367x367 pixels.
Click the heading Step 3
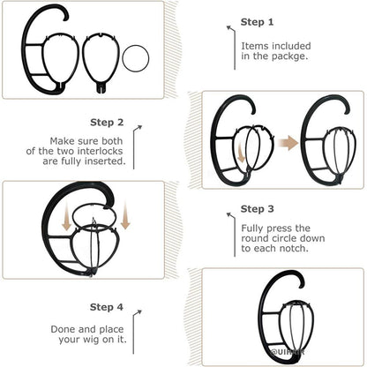tap(257, 209)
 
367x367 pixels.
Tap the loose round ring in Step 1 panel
tap(137, 60)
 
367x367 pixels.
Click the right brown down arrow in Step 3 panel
tap(124, 217)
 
